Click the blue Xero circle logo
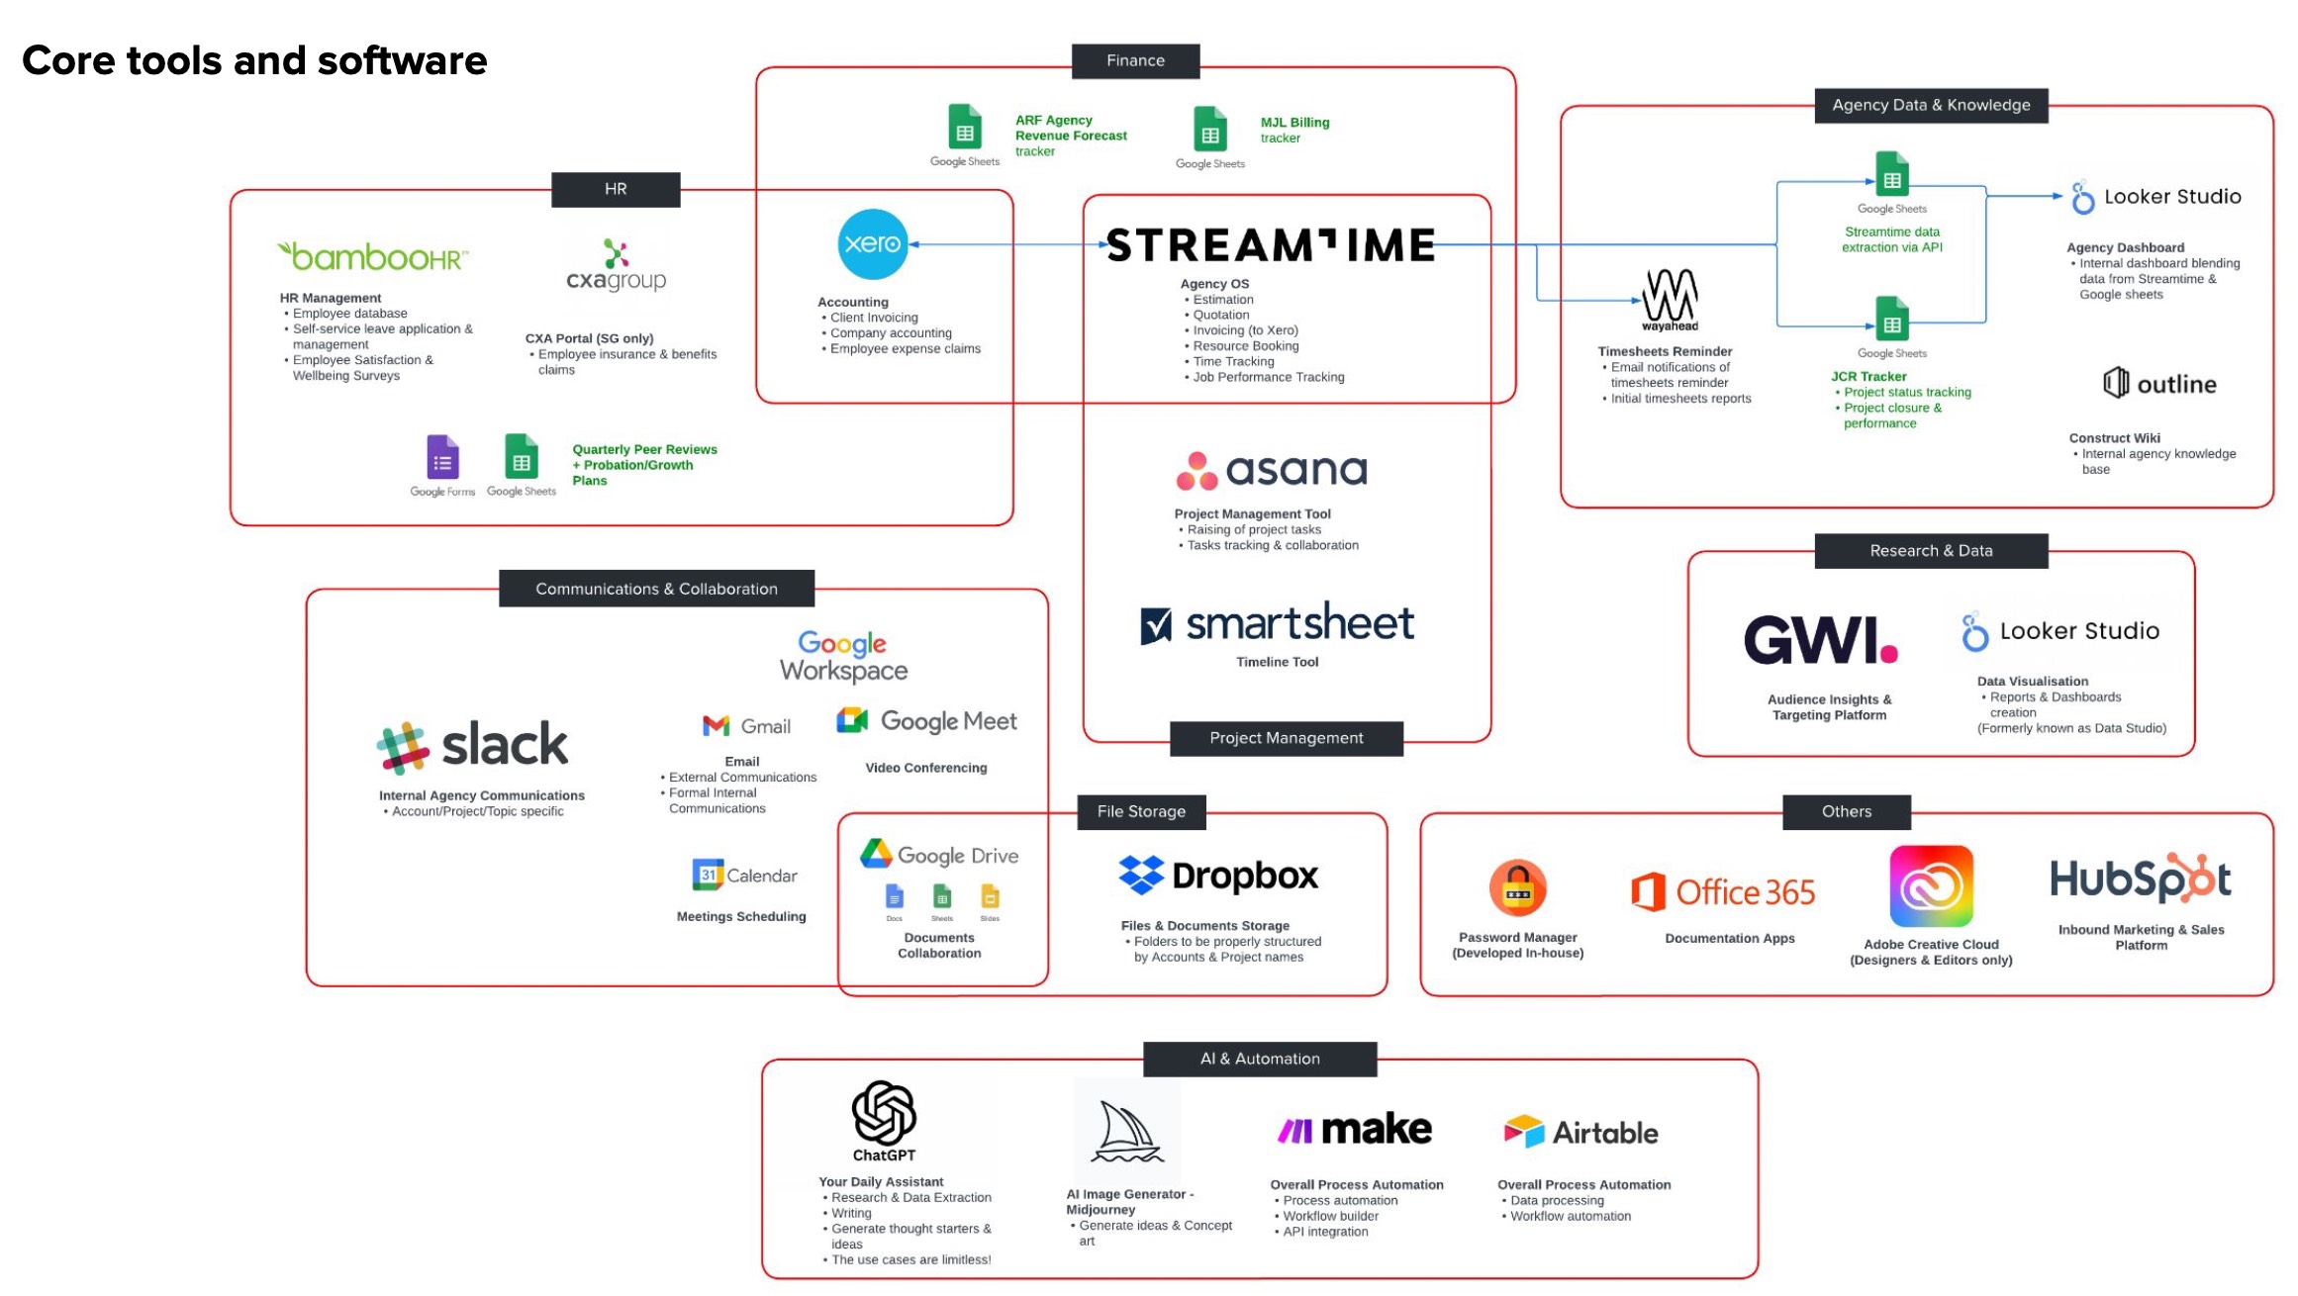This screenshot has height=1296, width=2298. [872, 243]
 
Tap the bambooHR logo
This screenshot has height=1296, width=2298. [373, 256]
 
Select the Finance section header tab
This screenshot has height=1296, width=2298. [1135, 60]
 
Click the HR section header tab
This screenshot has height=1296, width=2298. [616, 189]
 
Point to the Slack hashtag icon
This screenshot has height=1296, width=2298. [403, 748]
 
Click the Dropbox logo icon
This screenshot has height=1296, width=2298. [1141, 875]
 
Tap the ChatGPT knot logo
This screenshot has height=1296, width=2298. [884, 1113]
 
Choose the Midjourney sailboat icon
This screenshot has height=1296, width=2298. [1127, 1132]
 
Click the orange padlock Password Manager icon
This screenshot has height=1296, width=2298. [1517, 887]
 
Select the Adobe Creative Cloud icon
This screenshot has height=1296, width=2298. [1931, 885]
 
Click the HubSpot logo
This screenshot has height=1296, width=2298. [2140, 879]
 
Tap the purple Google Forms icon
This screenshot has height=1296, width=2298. [442, 458]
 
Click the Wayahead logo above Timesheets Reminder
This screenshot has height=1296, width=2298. [1670, 298]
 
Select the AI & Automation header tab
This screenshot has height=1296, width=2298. [1260, 1059]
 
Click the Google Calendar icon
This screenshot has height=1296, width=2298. [708, 875]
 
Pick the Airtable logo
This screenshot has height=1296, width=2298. [1580, 1132]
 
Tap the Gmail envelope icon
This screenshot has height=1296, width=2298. [716, 726]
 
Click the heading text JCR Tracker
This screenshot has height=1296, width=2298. [1868, 377]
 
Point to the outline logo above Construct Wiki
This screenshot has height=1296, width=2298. [2159, 384]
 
